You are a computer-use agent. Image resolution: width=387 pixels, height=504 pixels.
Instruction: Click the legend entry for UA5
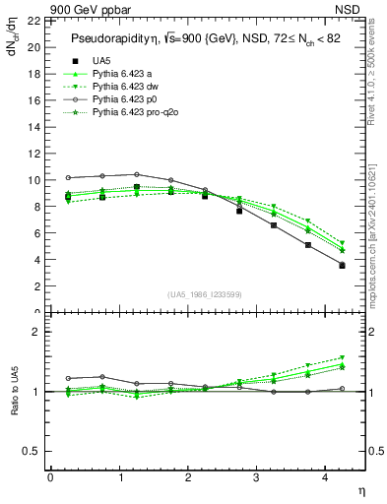(x=99, y=61)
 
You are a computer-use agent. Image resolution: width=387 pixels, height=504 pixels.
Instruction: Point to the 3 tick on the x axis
(x=256, y=479)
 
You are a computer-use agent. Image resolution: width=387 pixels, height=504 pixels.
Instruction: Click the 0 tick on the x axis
(x=50, y=479)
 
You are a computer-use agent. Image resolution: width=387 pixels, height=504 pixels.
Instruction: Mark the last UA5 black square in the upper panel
(x=342, y=265)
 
